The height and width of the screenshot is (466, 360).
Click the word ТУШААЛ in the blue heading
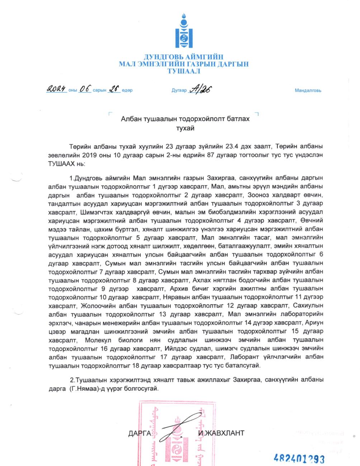(x=184, y=71)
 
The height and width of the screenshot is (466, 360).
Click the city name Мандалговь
(x=308, y=90)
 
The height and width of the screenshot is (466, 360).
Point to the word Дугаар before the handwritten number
(x=179, y=90)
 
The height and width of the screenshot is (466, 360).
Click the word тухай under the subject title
(x=185, y=128)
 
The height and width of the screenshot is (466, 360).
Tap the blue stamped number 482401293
(x=299, y=458)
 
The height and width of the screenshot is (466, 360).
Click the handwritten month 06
(x=85, y=89)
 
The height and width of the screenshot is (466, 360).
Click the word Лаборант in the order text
(x=240, y=357)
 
